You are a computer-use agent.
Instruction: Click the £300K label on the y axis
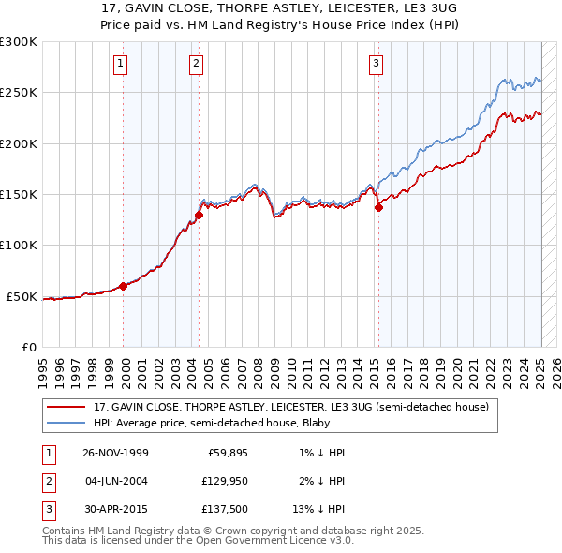coord(19,42)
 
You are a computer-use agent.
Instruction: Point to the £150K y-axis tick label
coord(19,195)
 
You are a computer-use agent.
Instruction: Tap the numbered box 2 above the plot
coord(196,64)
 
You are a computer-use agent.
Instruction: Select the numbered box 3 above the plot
coord(376,64)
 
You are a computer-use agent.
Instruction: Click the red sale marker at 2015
coord(378,208)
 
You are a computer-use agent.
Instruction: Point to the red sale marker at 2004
coord(200,216)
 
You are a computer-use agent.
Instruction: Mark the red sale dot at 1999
coord(124,287)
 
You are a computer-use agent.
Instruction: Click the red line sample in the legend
coord(67,408)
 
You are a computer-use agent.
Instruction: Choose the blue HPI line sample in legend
coord(67,423)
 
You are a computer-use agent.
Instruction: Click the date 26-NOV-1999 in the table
coord(116,453)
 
